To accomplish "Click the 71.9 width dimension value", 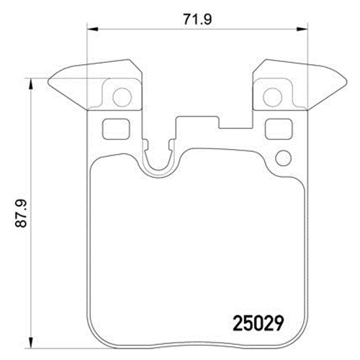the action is coord(197,19).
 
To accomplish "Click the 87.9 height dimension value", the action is coord(21,213).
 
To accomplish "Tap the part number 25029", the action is coord(258,323).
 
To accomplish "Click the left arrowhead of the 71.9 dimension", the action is coord(92,29).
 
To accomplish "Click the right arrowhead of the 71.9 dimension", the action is coord(302,29).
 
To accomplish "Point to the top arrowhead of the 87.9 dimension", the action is coord(30,84).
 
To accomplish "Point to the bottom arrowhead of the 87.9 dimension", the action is coord(30,343).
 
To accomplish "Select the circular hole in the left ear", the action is coord(122,97).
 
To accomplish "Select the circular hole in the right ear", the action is coord(273,97).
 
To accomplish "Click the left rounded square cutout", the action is coord(116,130).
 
